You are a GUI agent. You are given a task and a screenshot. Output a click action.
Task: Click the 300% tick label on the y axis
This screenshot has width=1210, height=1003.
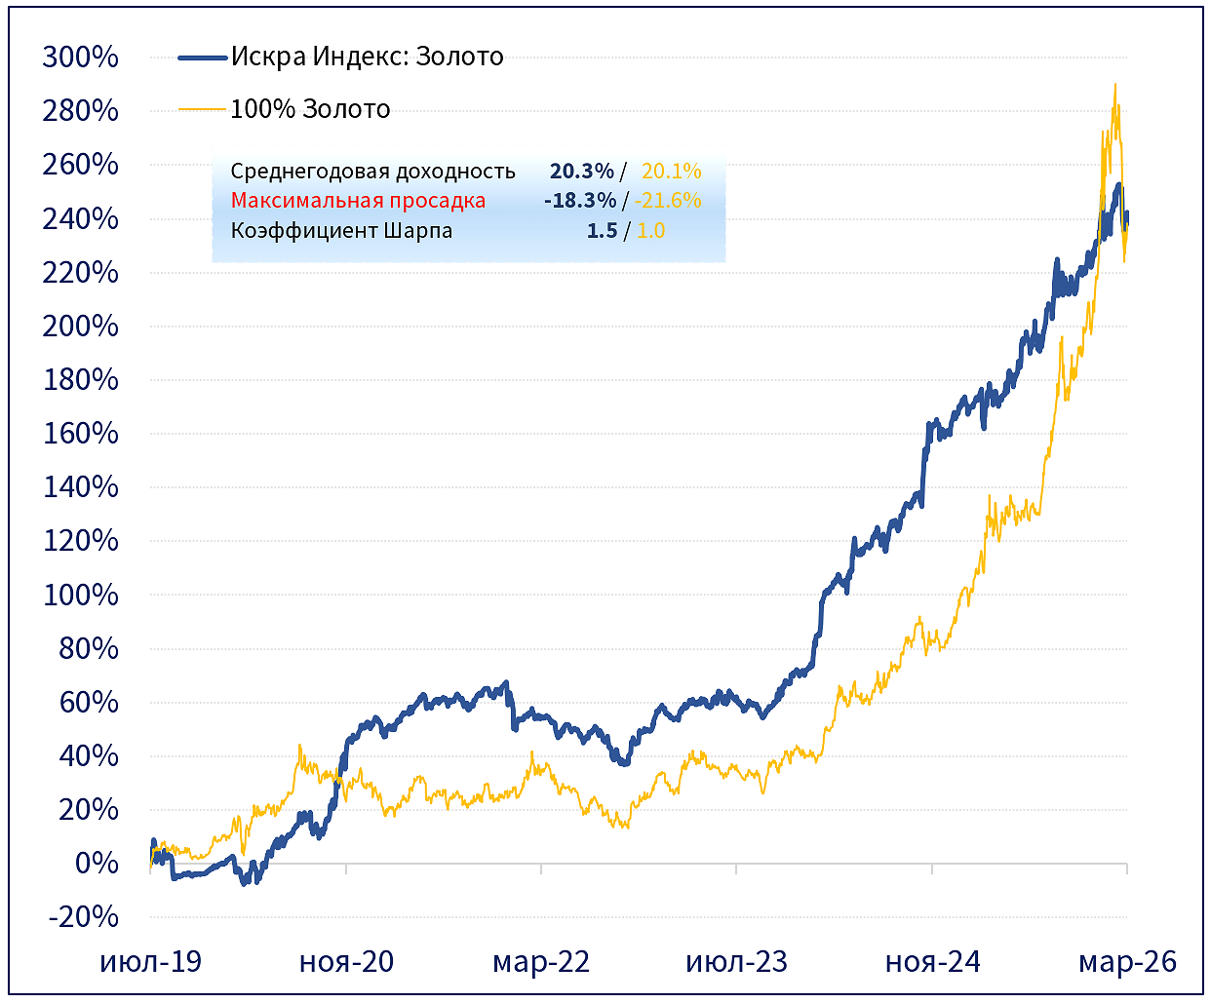pos(80,57)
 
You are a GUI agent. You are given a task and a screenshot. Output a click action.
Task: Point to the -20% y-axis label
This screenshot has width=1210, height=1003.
pos(81,916)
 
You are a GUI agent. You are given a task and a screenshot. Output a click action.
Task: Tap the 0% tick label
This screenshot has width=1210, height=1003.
pos(97,863)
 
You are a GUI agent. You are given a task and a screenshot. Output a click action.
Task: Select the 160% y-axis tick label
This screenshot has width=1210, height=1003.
pos(80,433)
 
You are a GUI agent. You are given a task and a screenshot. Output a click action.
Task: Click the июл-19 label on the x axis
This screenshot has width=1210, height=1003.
pos(150,962)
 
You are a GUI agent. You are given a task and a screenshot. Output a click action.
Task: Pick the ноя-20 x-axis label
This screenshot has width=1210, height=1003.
pos(346,962)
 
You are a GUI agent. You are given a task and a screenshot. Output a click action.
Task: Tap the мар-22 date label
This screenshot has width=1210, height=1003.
pos(541,962)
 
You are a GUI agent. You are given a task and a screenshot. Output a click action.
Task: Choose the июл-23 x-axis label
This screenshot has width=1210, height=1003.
pos(736,962)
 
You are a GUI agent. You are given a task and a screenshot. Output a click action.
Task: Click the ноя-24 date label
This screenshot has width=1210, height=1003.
pos(932,962)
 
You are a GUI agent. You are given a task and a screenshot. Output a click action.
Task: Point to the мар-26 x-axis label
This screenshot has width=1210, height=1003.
pos(1127,962)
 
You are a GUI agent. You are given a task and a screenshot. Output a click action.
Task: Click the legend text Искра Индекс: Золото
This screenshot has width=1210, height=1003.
pos(367,57)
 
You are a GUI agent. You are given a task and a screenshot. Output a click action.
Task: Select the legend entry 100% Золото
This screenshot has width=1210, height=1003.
pos(310,109)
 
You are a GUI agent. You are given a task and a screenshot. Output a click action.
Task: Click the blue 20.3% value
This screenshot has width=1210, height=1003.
pos(581,172)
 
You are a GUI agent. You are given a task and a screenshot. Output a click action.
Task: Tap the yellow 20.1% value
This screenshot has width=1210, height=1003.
pos(671,172)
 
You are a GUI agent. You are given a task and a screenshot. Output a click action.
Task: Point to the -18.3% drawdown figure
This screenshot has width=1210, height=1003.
pos(580,201)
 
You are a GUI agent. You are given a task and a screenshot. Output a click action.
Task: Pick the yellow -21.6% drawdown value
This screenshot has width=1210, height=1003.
pos(668,201)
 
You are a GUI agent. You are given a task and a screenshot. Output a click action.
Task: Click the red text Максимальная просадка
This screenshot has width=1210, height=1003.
pos(358,201)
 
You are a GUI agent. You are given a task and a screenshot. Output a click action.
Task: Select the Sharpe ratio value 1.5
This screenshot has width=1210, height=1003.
pos(602,231)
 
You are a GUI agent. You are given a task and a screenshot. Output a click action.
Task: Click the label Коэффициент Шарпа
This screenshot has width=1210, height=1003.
pos(341,231)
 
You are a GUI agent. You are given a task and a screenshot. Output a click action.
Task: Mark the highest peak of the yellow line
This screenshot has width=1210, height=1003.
pos(1114,85)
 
